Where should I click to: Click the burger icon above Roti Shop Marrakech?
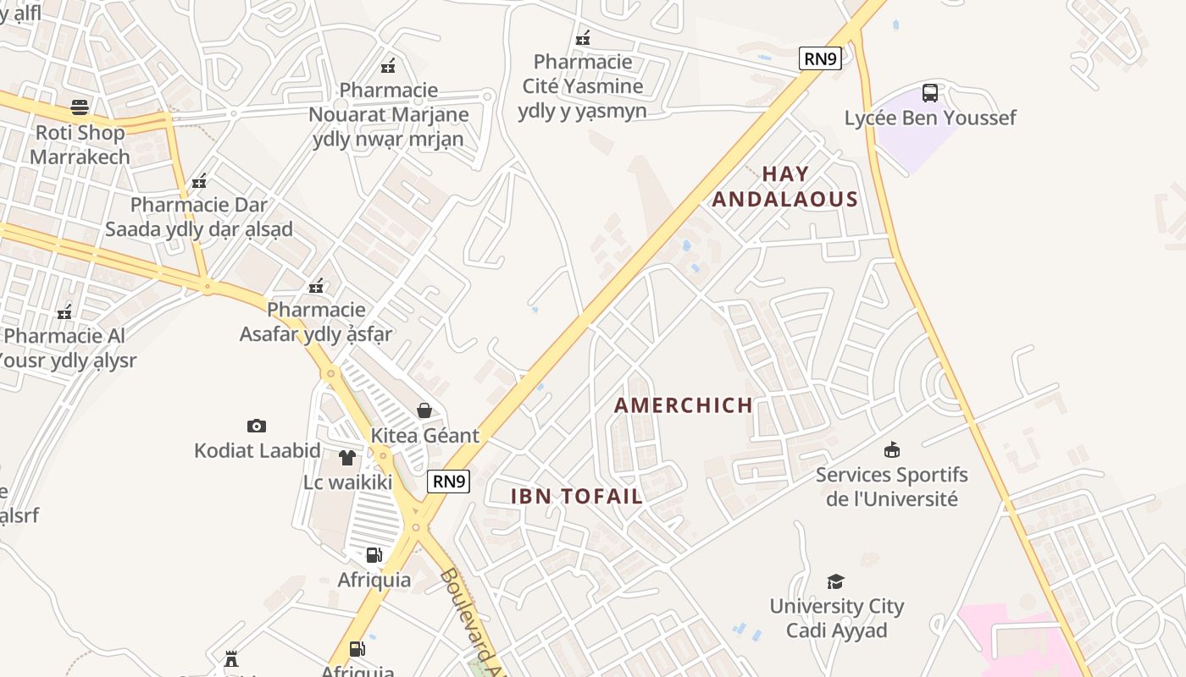80,107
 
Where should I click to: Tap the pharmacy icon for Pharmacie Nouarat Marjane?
388,65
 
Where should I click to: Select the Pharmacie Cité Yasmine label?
583,85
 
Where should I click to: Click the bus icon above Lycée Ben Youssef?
929,92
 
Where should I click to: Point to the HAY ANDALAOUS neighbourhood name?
785,186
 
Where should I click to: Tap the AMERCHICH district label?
684,405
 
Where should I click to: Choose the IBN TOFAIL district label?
577,497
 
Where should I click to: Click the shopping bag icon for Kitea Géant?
424,410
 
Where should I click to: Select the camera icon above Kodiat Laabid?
257,426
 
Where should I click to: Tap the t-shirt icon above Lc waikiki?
347,458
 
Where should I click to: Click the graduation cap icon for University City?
836,581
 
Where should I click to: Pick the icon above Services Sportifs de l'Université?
891,449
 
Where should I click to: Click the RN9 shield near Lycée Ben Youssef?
820,58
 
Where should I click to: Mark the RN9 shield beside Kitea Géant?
448,482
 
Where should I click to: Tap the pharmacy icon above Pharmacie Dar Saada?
199,180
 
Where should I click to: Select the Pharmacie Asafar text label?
316,322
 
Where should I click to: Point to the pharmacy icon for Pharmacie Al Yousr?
64,312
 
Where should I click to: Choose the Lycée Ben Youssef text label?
929,118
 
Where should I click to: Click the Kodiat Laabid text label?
257,450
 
